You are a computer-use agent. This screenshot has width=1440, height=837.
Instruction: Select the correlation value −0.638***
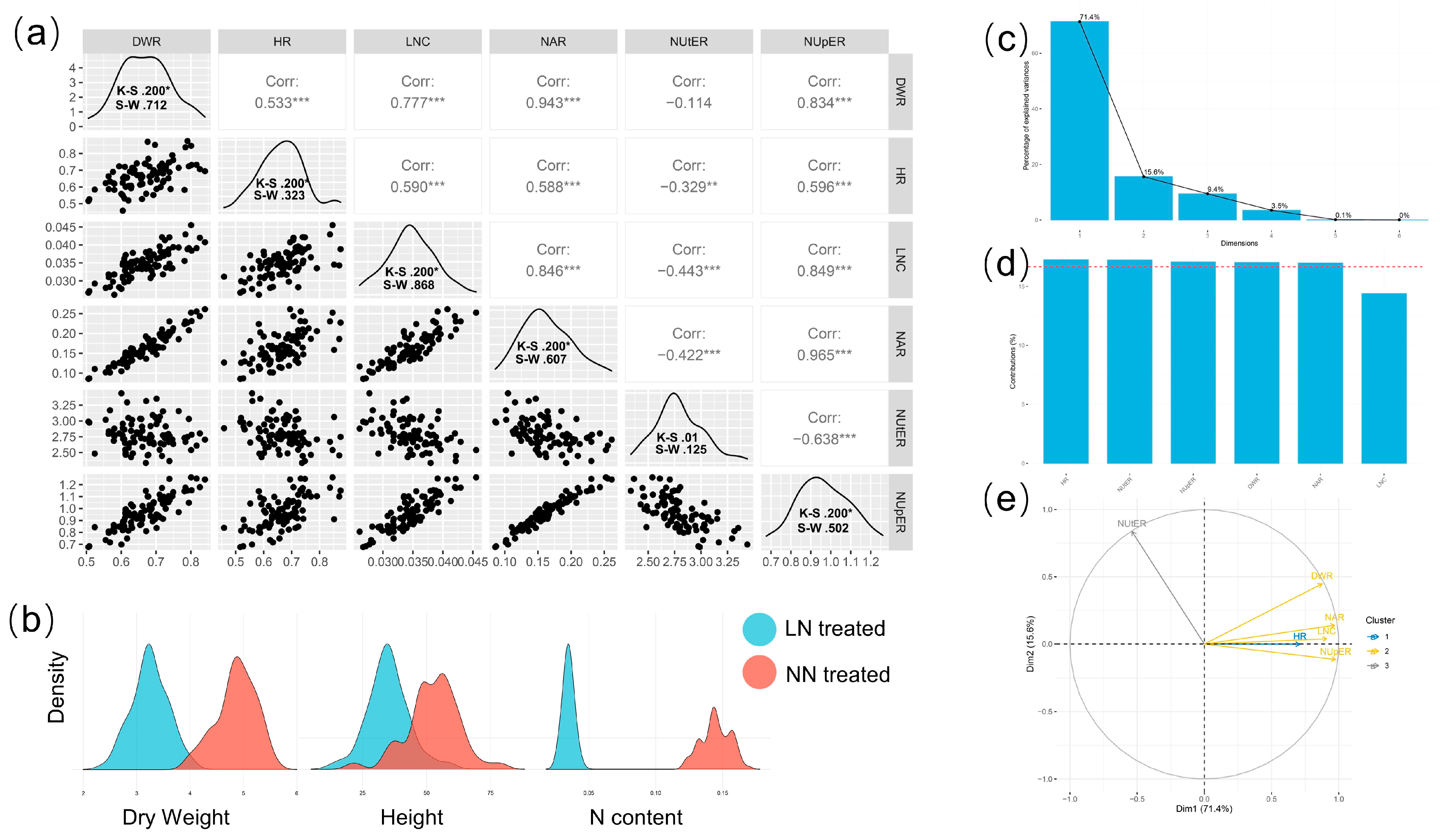pos(823,439)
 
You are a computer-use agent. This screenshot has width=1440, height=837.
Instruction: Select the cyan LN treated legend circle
pos(759,629)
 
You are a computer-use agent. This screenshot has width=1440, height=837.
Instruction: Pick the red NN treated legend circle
pos(759,673)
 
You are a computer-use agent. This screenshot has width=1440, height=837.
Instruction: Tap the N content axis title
pos(636,817)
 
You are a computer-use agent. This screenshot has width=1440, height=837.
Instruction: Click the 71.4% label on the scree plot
pos(1089,17)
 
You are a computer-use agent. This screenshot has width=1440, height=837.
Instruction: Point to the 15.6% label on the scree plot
pos(1153,172)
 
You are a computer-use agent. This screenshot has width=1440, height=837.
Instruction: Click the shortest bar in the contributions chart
pos(1383,377)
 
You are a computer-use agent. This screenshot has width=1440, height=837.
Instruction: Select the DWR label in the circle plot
pos(1321,576)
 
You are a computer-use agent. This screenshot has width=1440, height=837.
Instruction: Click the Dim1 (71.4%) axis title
pos(1203,809)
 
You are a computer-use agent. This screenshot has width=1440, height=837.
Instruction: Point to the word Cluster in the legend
pos(1379,620)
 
